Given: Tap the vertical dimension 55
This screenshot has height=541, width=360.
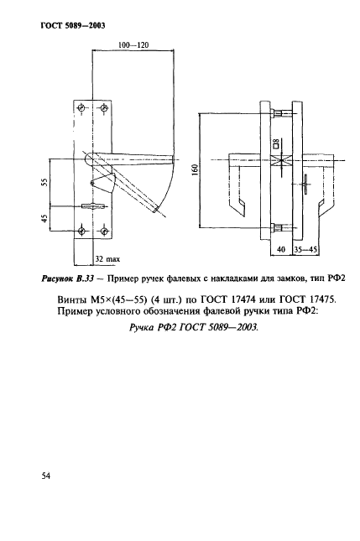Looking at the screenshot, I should pos(45,182).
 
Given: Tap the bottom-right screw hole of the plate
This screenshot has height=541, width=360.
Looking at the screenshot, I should pos(103,231).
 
